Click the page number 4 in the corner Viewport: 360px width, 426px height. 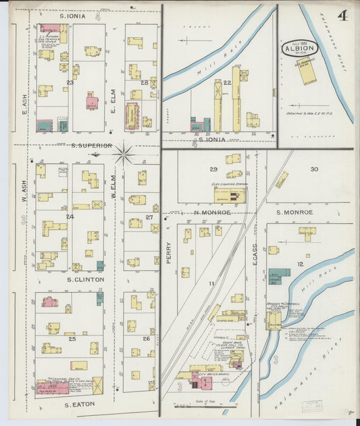tap(343, 16)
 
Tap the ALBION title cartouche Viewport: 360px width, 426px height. tap(300, 49)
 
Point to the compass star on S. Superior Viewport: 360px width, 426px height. tap(124, 153)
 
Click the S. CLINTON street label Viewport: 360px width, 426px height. tap(85, 279)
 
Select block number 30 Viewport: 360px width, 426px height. tap(314, 169)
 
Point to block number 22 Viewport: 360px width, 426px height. tap(228, 82)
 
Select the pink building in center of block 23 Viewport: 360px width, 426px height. tap(92, 102)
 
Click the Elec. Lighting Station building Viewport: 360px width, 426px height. tap(230, 195)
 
